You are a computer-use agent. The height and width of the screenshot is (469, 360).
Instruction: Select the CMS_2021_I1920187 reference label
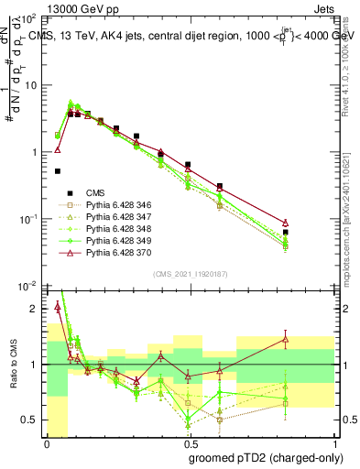[x=190, y=275]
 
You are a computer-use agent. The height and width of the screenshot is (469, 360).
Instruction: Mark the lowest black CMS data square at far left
[x=58, y=171]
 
